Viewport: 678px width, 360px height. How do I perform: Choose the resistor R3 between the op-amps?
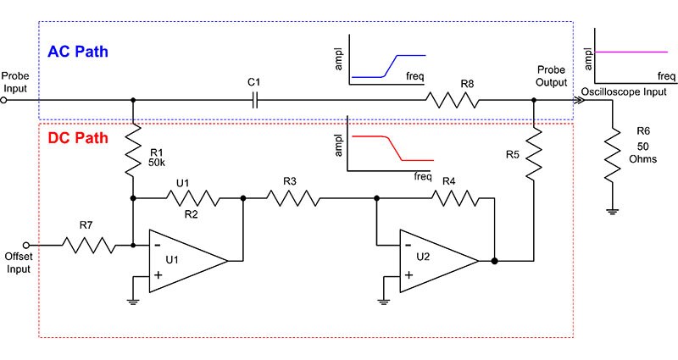point(294,199)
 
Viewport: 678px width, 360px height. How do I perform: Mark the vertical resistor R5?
point(533,152)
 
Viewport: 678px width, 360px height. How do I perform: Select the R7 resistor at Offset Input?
point(86,246)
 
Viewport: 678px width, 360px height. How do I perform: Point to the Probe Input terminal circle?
point(4,99)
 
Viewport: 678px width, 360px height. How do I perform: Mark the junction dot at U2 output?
point(494,262)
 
